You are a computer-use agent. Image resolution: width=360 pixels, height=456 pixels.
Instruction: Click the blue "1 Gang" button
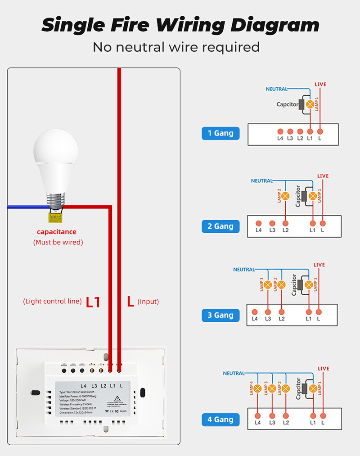tap(220, 133)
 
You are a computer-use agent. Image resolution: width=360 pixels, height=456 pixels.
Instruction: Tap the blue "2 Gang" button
tap(220, 226)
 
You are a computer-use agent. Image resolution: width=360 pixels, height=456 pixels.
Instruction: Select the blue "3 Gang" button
tap(220, 315)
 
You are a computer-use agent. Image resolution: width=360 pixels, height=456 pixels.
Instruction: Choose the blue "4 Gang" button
tap(220, 420)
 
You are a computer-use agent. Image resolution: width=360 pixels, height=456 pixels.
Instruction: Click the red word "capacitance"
tap(57, 232)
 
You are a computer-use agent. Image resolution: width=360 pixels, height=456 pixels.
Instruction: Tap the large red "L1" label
tap(93, 302)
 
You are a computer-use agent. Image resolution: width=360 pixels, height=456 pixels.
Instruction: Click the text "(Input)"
tap(148, 302)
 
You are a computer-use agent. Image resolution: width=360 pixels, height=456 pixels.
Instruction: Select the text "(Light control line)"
tap(52, 301)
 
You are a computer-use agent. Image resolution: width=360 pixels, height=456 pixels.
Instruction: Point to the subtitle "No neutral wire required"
tap(176, 47)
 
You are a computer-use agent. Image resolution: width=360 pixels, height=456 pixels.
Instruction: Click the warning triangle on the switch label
tap(117, 398)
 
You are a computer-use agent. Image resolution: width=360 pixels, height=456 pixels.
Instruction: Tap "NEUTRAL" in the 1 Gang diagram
tap(276, 89)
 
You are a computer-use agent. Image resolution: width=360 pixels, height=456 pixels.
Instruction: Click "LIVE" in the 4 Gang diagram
tap(324, 369)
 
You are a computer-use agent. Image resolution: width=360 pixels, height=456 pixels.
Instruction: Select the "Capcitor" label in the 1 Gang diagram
tap(287, 104)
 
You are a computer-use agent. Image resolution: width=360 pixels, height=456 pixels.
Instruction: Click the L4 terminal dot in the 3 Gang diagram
tap(255, 312)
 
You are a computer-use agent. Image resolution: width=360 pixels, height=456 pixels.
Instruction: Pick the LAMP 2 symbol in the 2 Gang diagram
tap(285, 196)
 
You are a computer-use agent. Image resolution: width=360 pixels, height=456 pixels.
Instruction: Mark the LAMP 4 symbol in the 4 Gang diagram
tap(258, 388)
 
